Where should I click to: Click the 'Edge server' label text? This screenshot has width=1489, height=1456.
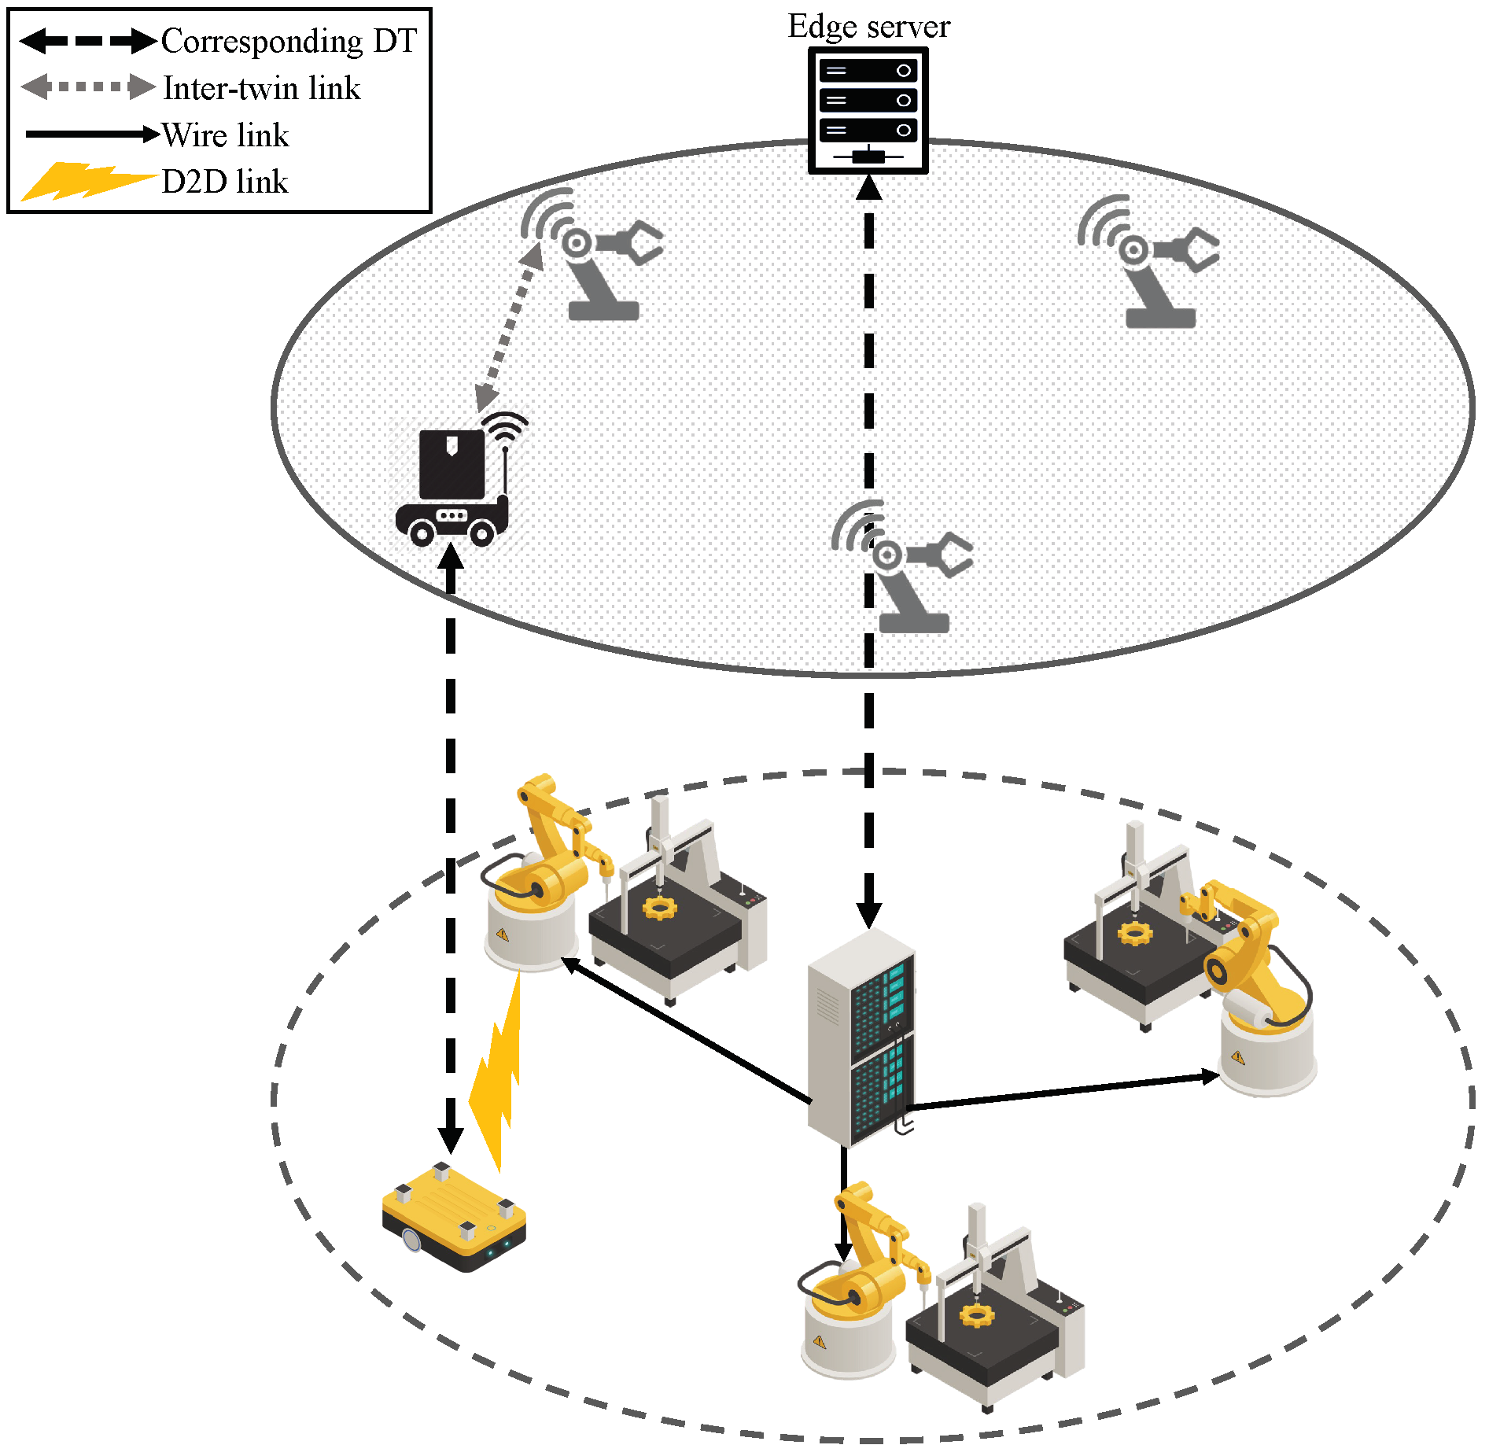point(868,27)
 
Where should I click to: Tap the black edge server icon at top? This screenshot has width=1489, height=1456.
point(868,110)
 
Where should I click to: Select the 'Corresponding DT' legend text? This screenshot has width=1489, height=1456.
point(289,41)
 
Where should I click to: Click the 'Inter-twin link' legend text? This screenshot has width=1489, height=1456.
point(261,88)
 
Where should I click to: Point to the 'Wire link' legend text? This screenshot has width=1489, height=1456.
point(225,135)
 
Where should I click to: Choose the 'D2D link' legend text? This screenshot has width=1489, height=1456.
point(225,182)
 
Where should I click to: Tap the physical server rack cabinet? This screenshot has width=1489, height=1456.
point(861,1038)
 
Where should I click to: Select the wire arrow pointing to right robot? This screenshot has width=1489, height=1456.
point(1062,1092)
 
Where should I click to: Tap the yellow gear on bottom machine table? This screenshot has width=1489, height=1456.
point(976,1315)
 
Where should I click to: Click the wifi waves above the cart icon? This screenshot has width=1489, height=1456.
point(506,426)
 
